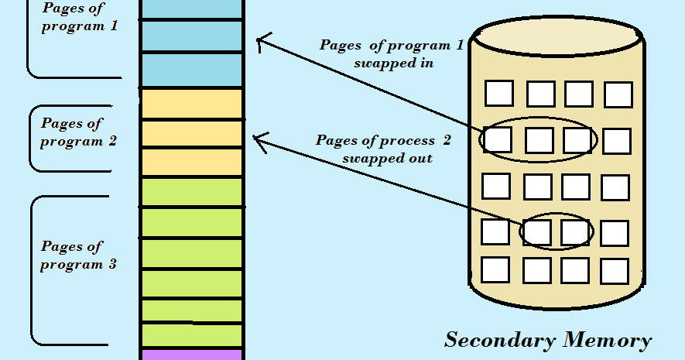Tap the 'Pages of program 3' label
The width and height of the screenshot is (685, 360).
(x=78, y=255)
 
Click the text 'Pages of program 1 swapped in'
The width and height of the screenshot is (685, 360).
(x=392, y=54)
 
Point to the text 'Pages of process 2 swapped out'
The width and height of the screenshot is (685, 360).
(x=383, y=149)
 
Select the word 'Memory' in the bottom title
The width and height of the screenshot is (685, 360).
(x=607, y=340)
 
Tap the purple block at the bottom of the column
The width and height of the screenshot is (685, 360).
(x=191, y=355)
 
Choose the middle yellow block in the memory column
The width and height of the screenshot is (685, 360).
(x=191, y=133)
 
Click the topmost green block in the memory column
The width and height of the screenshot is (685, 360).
(x=191, y=191)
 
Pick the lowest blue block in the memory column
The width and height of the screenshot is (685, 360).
(x=191, y=70)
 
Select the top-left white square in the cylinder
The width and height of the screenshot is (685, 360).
(x=499, y=93)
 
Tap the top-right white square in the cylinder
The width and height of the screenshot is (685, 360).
(x=618, y=94)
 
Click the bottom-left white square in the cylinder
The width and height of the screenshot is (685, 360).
(x=495, y=269)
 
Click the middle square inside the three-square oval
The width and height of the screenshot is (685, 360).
(x=539, y=140)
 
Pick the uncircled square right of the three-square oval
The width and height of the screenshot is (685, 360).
(x=616, y=141)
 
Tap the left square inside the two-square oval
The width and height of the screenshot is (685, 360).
(x=536, y=231)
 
